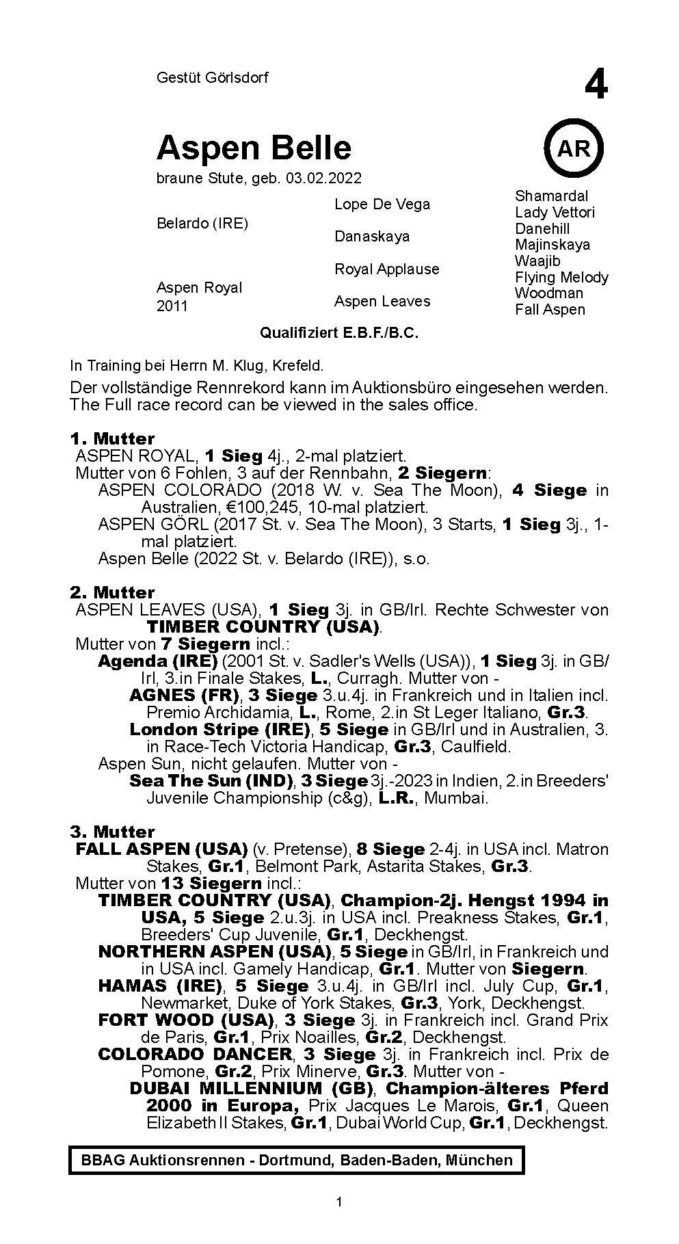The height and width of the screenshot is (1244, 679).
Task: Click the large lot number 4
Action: [x=596, y=86]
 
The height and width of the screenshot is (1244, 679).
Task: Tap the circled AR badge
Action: [x=574, y=148]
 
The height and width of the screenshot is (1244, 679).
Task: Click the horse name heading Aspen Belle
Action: [x=254, y=148]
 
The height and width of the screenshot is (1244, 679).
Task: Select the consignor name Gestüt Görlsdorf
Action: [x=212, y=78]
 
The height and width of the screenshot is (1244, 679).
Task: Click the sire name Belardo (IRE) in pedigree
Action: [x=202, y=224]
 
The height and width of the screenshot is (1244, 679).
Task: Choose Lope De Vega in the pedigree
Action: [x=382, y=204]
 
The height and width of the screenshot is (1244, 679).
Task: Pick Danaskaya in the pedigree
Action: [x=372, y=237]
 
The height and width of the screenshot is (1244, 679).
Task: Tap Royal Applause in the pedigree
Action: [x=386, y=269]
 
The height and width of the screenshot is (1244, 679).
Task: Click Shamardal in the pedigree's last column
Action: [x=551, y=196]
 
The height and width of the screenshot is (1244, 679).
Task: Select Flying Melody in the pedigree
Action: [x=561, y=277]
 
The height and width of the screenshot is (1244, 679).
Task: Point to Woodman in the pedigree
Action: [x=549, y=293]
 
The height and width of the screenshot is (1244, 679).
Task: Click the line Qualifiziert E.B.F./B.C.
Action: [x=338, y=333]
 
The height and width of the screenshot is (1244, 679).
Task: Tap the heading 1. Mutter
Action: [x=112, y=438]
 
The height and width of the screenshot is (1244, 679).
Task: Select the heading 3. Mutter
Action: [x=112, y=832]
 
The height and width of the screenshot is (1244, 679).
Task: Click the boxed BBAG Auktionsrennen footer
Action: [x=297, y=1160]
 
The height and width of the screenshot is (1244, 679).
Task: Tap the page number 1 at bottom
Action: [x=339, y=1202]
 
